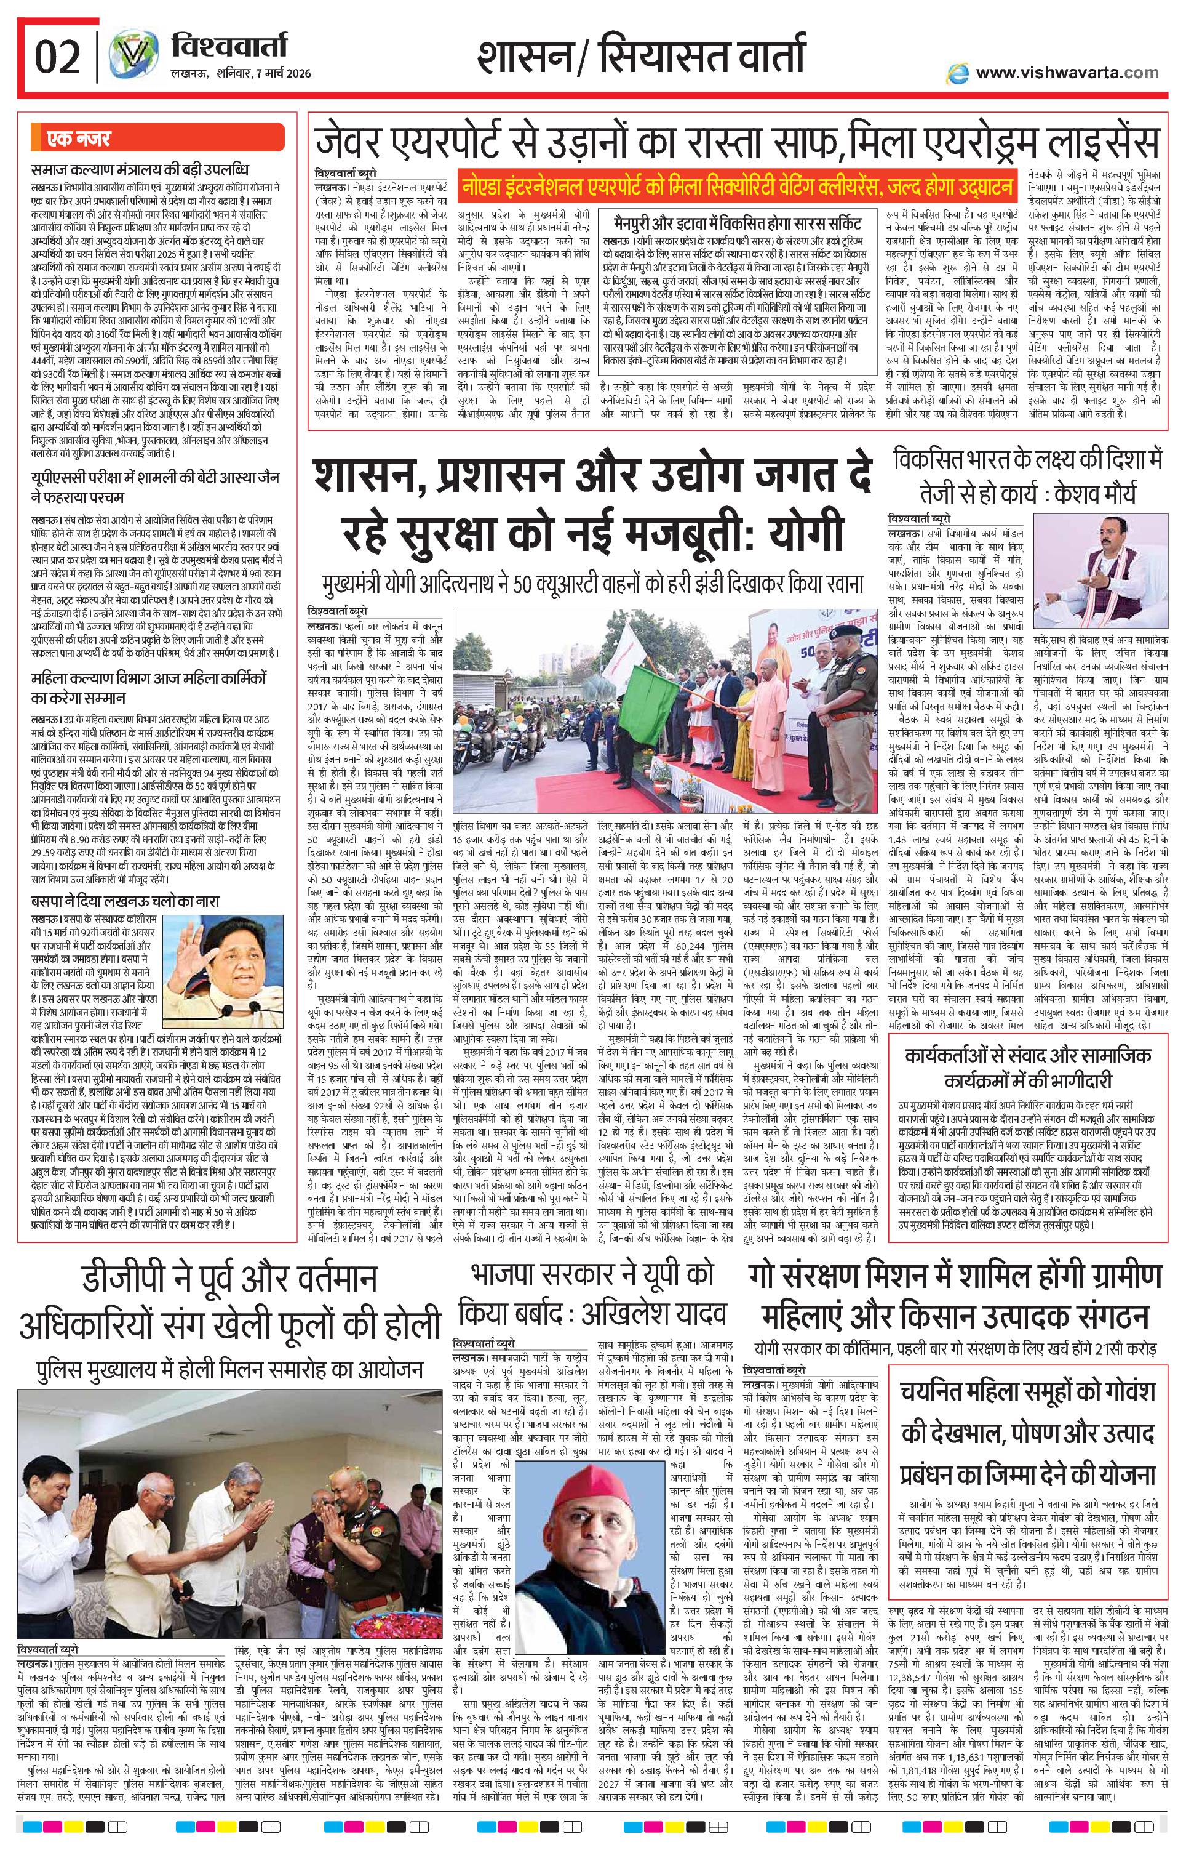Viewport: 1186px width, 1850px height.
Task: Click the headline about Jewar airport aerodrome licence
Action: tap(736, 143)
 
